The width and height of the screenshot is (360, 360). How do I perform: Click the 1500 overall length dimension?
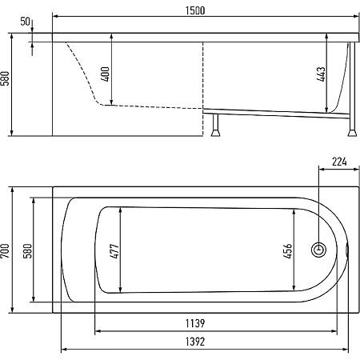point(195,10)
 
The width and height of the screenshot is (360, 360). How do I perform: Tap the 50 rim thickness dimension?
point(26,22)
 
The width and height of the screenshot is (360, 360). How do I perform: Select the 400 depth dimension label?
point(106,74)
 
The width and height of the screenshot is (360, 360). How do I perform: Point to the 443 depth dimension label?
point(322,74)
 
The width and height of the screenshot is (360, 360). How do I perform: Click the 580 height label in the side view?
point(6,78)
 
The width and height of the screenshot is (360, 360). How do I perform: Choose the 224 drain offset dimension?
point(339,162)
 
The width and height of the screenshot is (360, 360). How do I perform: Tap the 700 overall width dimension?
point(6,250)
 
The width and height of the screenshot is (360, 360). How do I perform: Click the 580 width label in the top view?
point(28,250)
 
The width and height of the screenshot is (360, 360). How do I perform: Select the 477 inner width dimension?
point(114,250)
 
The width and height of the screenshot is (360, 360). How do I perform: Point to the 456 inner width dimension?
point(288,250)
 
